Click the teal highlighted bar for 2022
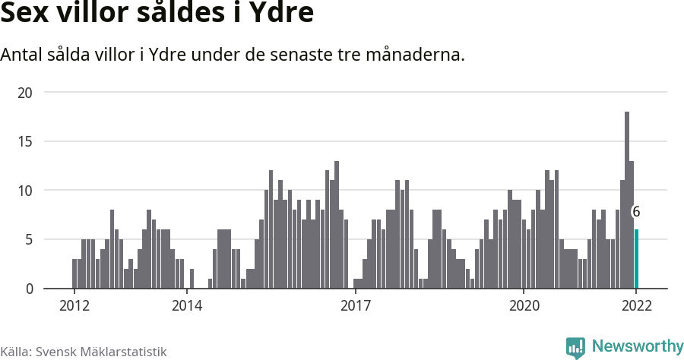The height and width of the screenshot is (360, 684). pos(636,259)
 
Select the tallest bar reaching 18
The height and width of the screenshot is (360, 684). pos(627,201)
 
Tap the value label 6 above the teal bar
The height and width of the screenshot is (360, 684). pos(636,213)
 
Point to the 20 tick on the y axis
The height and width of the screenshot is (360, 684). pos(27,92)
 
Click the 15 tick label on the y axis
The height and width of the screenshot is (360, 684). pos(27,141)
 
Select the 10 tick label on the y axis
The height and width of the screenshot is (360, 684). pos(27,191)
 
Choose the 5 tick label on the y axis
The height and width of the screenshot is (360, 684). pos(30,240)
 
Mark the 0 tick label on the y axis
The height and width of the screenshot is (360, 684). pos(30,289)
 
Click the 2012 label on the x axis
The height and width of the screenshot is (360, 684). pos(74,306)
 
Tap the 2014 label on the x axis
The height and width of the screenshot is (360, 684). pos(187,306)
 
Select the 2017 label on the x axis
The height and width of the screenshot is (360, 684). pos(355,306)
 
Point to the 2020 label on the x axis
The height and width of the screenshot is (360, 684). pos(524,306)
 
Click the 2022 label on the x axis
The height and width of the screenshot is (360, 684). pos(636,306)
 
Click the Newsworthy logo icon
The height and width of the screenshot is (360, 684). pos(575,347)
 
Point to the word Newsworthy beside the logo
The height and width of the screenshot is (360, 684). pos(637,346)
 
